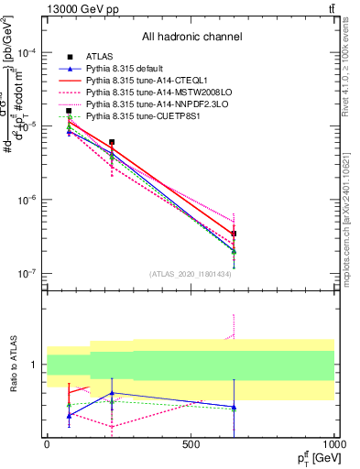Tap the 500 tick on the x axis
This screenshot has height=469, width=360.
pyautogui.click(x=191, y=443)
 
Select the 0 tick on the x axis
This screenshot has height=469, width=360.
pyautogui.click(x=47, y=443)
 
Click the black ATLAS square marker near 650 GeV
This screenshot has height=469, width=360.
pyautogui.click(x=234, y=234)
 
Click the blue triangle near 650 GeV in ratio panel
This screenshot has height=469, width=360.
pyautogui.click(x=234, y=407)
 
